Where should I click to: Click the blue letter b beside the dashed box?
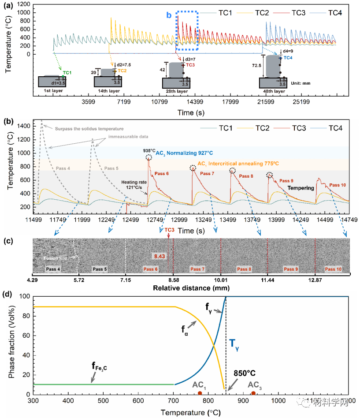pyautogui.click(x=169, y=15)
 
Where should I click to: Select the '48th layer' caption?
pyautogui.click(x=273, y=91)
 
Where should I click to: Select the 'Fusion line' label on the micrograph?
pyautogui.click(x=55, y=258)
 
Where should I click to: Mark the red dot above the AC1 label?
pyautogui.click(x=200, y=393)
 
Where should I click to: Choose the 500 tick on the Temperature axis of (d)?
pyautogui.click(x=103, y=402)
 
